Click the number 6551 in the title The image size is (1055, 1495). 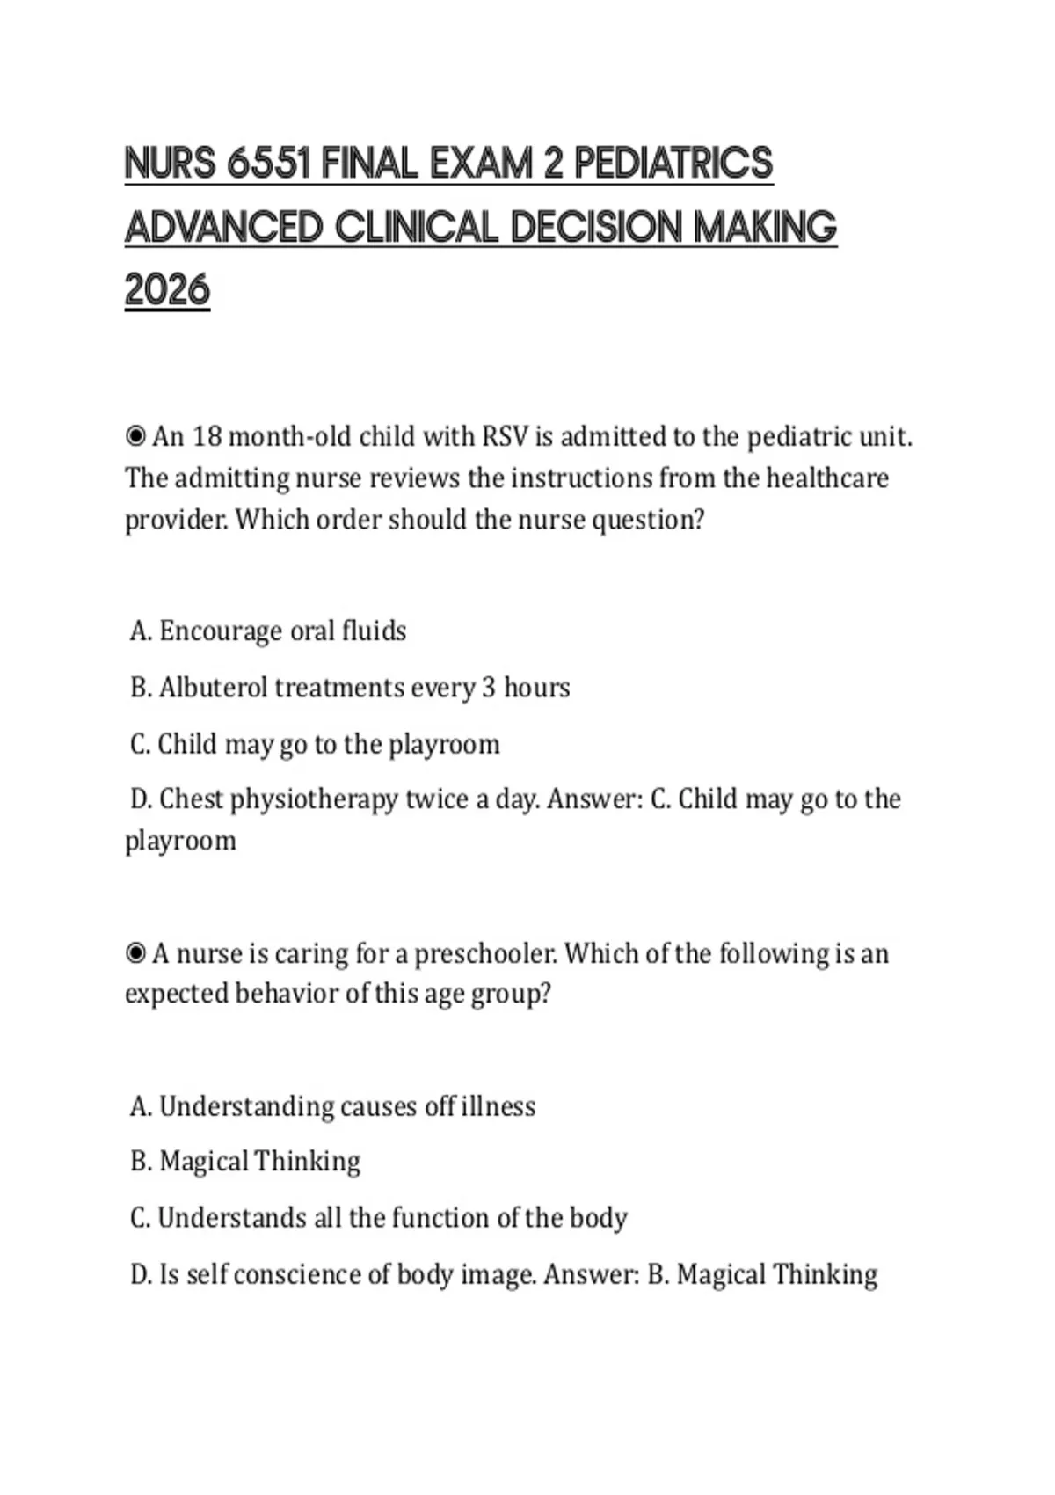(x=269, y=164)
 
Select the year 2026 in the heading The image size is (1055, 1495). (x=167, y=290)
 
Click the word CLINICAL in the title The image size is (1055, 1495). (x=416, y=228)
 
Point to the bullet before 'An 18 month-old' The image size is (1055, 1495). (x=135, y=436)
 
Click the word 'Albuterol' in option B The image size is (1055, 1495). (x=213, y=687)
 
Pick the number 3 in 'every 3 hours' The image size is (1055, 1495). (x=489, y=688)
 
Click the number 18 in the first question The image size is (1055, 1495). (x=207, y=436)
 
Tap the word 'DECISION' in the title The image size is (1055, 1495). (x=598, y=228)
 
